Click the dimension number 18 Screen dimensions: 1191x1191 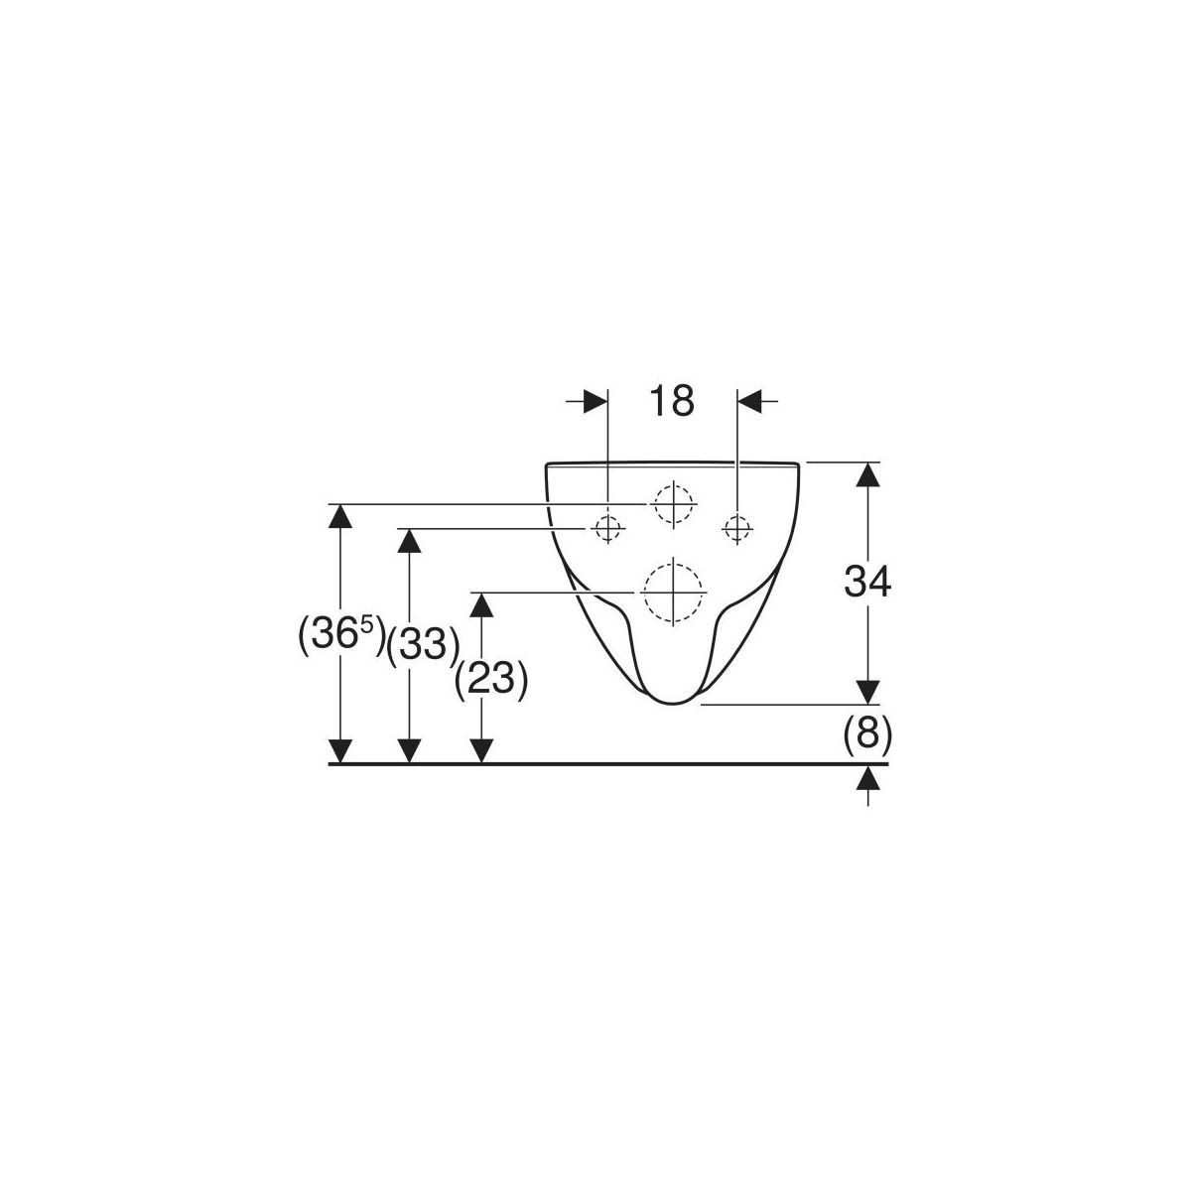coord(671,401)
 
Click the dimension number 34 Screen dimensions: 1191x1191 coord(867,582)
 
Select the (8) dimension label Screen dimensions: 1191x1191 coord(867,734)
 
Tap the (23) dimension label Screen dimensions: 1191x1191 coord(491,681)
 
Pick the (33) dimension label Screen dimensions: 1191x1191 coord(424,646)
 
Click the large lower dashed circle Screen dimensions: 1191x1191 coord(673,593)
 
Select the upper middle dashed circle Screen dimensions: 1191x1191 coord(673,504)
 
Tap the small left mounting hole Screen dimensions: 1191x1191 coord(607,529)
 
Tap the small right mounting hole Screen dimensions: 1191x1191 coord(736,529)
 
